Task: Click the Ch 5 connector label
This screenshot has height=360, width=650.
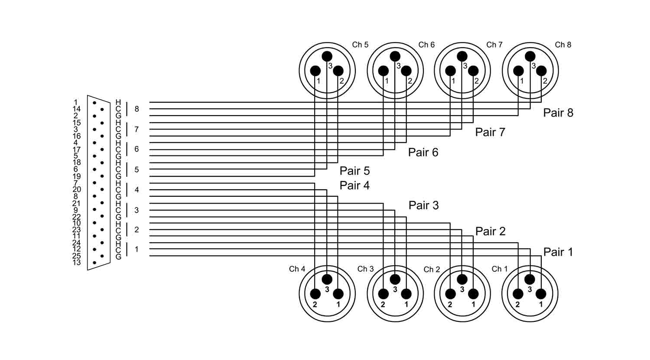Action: (360, 45)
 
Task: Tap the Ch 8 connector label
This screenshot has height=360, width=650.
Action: (563, 45)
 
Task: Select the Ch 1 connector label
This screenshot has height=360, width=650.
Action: (499, 269)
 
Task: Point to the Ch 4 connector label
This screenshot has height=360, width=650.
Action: (297, 269)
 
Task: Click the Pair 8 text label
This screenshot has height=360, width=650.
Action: (558, 113)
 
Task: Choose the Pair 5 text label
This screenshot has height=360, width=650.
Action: (354, 171)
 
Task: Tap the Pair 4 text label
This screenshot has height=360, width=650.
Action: (354, 185)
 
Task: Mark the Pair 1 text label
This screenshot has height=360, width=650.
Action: (558, 252)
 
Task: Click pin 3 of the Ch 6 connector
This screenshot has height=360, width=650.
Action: (395, 56)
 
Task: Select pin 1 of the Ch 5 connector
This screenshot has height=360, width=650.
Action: (315, 71)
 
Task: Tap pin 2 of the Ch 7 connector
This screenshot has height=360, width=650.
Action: (474, 71)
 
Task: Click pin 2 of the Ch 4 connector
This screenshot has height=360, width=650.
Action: (315, 294)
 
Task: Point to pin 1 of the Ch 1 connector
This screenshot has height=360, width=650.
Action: (541, 294)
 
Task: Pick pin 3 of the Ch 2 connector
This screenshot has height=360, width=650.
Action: (462, 279)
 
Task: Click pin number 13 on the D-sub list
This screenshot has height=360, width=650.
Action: (77, 263)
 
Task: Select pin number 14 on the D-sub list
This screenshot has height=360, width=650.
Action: (77, 109)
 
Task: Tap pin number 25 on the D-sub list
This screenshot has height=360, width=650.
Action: (77, 256)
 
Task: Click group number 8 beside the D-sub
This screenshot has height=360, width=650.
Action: (137, 109)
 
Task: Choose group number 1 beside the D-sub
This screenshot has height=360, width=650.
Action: (137, 250)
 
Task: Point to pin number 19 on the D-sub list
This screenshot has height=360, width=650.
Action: (77, 176)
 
